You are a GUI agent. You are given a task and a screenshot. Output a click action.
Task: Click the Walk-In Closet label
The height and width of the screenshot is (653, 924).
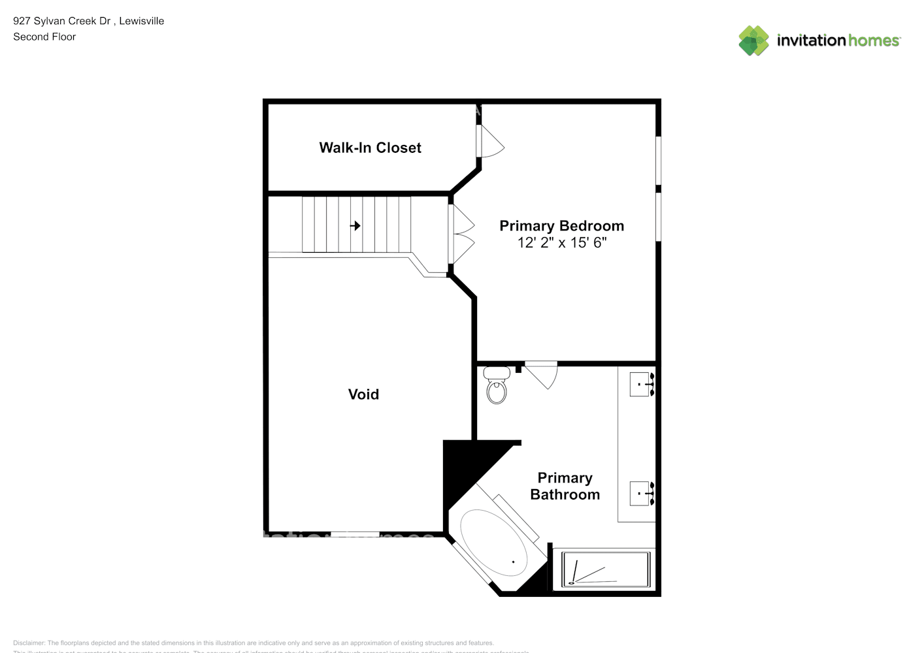pos(370,148)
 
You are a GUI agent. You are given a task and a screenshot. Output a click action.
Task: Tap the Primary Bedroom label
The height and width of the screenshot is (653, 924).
pos(561,226)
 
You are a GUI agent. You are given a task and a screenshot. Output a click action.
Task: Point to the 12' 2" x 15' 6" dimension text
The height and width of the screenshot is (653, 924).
pos(561,243)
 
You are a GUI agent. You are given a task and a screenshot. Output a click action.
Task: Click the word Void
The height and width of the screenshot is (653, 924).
pos(363,394)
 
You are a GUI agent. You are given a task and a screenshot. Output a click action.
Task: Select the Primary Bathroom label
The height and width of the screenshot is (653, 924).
pos(565,486)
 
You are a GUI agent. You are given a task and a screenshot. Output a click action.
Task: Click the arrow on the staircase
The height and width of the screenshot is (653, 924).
pos(355,226)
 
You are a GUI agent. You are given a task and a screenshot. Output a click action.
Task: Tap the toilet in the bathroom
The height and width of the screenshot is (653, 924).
pos(497,386)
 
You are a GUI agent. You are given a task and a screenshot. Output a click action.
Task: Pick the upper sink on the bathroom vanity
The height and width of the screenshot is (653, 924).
pos(641,384)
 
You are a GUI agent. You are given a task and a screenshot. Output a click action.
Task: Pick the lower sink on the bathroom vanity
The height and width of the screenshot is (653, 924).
pos(641,493)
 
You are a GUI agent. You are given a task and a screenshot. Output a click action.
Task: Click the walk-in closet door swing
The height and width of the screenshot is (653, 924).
pos(491,141)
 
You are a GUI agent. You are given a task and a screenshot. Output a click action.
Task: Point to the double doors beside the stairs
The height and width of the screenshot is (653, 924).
pos(462,234)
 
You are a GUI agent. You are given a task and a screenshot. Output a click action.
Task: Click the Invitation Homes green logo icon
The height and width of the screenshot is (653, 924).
pos(753,40)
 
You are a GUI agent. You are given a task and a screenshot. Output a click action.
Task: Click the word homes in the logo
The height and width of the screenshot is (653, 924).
pos(874,40)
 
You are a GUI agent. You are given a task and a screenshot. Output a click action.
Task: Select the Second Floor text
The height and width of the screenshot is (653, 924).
pos(44,37)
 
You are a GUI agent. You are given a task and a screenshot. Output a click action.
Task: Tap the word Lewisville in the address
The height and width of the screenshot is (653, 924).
pos(142,21)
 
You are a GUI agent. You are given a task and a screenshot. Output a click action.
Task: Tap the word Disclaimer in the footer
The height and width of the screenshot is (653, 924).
pos(29,643)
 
